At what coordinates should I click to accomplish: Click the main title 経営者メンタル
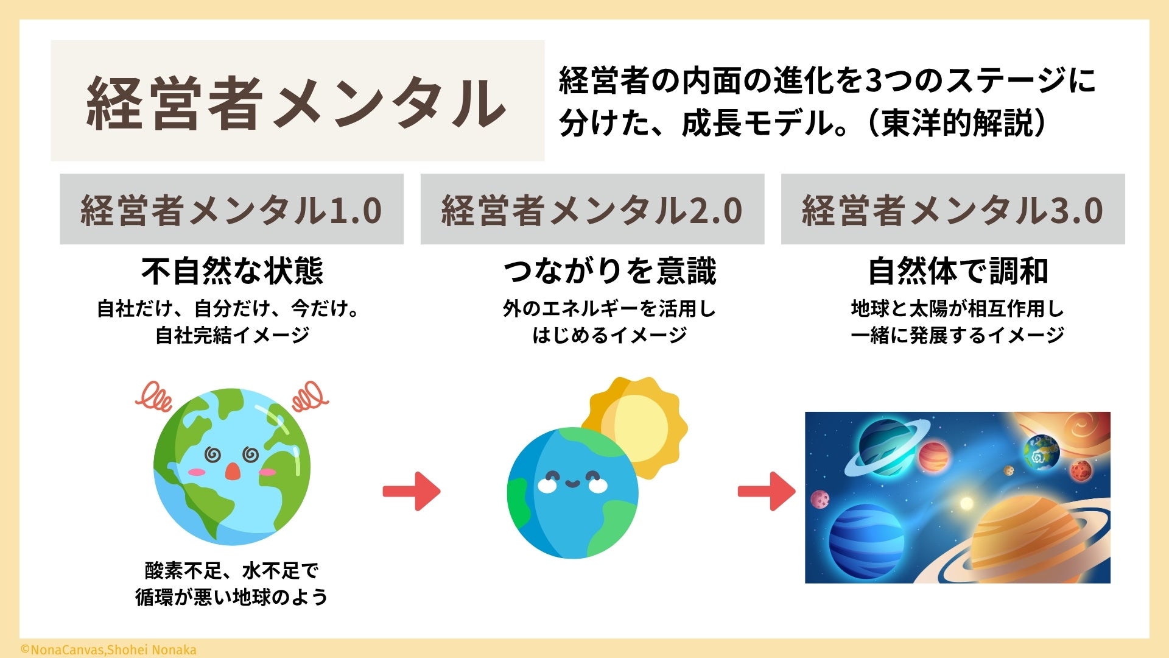coord(297,102)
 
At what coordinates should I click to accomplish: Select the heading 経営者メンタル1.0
coord(231,210)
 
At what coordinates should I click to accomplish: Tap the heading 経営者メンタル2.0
coord(592,210)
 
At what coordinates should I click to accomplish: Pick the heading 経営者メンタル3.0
coord(952,210)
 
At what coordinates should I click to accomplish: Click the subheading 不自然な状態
coord(232,271)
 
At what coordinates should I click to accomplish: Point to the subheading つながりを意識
coord(609,271)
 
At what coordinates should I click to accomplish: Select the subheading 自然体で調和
coord(958,271)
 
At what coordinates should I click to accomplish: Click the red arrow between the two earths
coord(412,491)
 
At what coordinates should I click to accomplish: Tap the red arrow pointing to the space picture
coord(767,491)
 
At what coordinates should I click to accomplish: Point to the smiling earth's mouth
coord(572,484)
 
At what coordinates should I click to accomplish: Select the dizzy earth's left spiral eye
coord(212,455)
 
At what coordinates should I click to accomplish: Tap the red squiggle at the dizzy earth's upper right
coord(309,397)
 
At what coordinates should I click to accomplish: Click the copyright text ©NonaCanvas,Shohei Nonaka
coord(108,650)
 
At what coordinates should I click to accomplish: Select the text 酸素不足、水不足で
coord(232,571)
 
